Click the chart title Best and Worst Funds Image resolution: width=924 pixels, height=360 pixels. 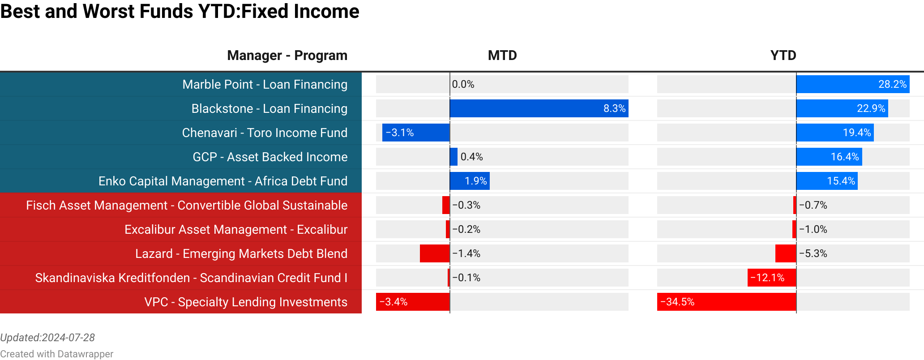tap(180, 12)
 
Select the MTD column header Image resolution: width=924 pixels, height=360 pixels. tap(502, 56)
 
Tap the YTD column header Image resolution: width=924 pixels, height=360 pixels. tap(783, 56)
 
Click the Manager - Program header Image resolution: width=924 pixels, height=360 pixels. tap(287, 56)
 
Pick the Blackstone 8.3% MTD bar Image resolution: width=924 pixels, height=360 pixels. tap(539, 108)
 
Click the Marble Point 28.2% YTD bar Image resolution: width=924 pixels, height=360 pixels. tap(852, 84)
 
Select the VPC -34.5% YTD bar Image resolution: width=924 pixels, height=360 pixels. tap(726, 302)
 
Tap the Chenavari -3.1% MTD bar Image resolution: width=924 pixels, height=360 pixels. tap(415, 133)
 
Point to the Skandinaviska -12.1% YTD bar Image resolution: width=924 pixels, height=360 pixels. tap(771, 278)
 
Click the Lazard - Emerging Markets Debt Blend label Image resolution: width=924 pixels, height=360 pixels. tap(241, 253)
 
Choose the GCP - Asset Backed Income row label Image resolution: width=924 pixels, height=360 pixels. tap(270, 157)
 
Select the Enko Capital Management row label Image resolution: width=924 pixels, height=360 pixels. tap(223, 181)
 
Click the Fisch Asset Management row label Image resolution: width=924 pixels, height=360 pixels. tap(187, 205)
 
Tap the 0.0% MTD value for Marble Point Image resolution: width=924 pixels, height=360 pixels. tap(463, 84)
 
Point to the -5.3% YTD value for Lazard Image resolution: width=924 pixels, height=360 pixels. tap(813, 253)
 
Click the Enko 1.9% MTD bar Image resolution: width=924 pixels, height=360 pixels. tap(469, 181)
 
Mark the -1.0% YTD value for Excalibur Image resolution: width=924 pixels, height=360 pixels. tap(813, 229)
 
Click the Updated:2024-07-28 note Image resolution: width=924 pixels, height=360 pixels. tap(47, 338)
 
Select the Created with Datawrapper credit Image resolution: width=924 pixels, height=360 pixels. tap(56, 354)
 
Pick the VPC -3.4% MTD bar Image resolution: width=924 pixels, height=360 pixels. tap(412, 302)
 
